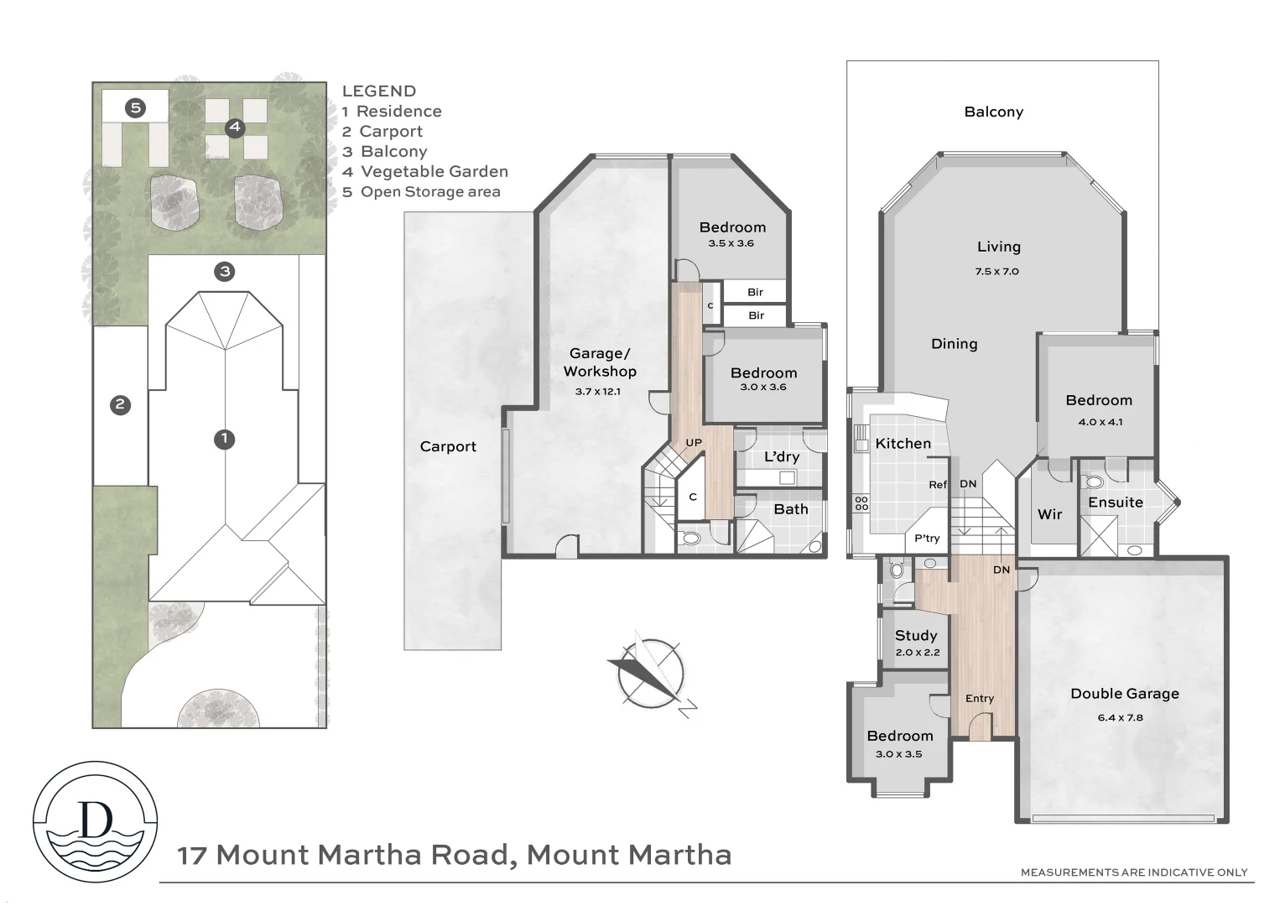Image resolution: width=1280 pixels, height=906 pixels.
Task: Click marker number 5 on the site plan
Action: pyautogui.click(x=135, y=107)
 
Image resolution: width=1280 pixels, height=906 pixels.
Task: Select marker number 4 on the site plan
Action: pyautogui.click(x=235, y=128)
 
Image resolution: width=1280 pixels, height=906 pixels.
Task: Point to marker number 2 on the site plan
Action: pyautogui.click(x=120, y=405)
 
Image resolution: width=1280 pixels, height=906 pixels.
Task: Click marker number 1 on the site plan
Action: pyautogui.click(x=224, y=439)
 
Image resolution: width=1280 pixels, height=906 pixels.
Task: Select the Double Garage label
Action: pyautogui.click(x=1124, y=694)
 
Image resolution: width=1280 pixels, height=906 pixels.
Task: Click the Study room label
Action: pyautogui.click(x=916, y=635)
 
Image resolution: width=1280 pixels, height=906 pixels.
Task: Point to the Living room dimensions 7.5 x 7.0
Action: pyautogui.click(x=997, y=271)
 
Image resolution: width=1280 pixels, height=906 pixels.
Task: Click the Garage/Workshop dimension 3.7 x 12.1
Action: pyautogui.click(x=597, y=391)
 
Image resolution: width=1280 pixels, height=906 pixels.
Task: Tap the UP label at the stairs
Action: pyautogui.click(x=694, y=442)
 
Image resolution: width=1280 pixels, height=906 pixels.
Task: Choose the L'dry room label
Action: pyautogui.click(x=781, y=456)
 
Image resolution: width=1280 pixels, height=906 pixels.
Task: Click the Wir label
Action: pyautogui.click(x=1049, y=514)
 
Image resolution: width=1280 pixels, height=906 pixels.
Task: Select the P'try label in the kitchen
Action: pyautogui.click(x=927, y=539)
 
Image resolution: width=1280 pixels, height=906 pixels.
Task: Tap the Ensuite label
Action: pyautogui.click(x=1115, y=502)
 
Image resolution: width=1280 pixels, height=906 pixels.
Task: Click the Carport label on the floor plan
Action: pyautogui.click(x=448, y=446)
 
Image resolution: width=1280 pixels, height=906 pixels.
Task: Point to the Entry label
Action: pyautogui.click(x=979, y=698)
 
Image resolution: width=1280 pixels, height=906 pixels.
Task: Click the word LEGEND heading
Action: pyautogui.click(x=378, y=91)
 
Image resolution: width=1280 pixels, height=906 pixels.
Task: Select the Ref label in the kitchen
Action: pyautogui.click(x=937, y=485)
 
